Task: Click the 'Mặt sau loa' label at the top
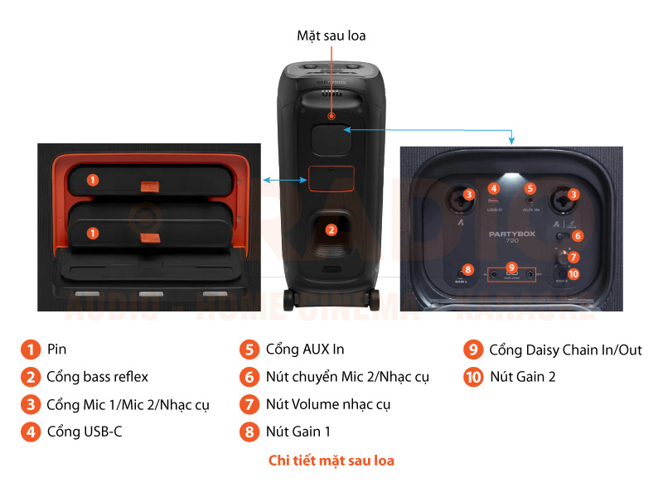[331, 36]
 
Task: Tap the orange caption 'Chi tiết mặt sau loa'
[331, 461]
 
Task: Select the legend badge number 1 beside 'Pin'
[31, 350]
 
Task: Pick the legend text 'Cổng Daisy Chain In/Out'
[565, 350]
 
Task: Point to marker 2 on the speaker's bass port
[331, 229]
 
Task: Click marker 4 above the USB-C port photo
[494, 189]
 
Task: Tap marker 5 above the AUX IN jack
[530, 189]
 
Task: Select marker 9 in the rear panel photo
[512, 268]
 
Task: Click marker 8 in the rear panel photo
[468, 269]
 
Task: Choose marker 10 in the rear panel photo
[573, 274]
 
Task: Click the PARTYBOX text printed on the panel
[513, 234]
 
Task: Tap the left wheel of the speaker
[288, 300]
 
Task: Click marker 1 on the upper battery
[93, 179]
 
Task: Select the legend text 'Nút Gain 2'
[522, 377]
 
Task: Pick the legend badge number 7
[249, 404]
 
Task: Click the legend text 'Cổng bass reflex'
[98, 377]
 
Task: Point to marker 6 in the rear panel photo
[578, 235]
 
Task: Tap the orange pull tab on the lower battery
[150, 239]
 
